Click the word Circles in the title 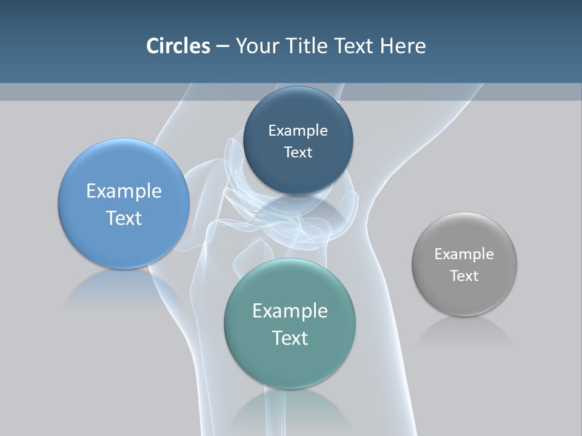178,46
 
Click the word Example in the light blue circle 124,191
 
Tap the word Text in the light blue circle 124,218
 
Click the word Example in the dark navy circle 298,130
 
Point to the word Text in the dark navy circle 298,152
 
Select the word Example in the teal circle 290,311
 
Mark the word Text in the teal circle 290,338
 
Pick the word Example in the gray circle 464,254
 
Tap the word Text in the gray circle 464,276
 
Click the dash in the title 222,46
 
